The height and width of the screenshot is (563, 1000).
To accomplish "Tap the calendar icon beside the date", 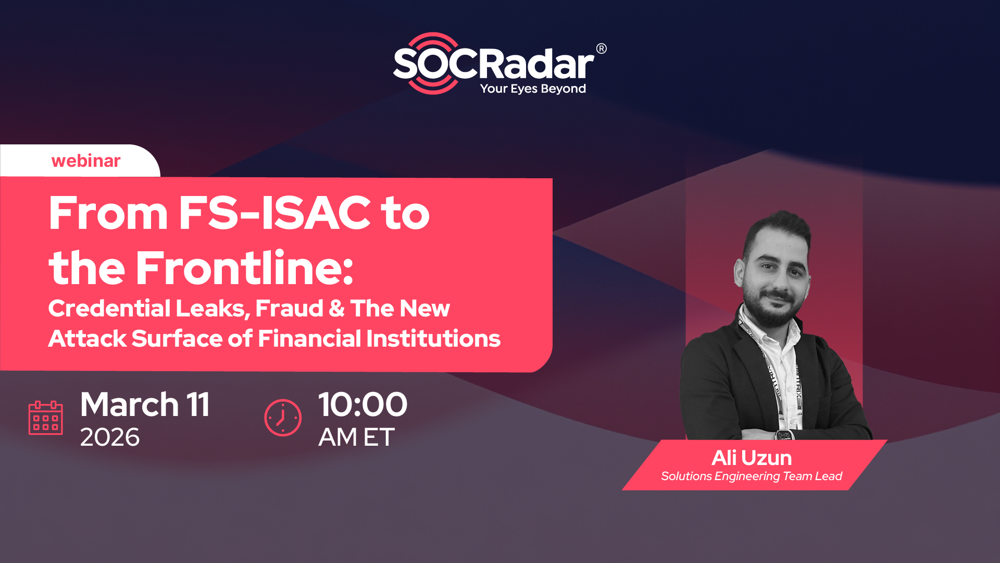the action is [45, 418].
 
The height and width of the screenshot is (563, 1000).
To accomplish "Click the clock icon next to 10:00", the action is [283, 418].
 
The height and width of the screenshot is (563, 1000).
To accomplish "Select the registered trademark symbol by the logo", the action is [601, 48].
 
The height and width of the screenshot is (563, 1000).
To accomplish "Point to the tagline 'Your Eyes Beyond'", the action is [533, 89].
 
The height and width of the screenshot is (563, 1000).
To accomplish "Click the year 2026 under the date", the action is [110, 437].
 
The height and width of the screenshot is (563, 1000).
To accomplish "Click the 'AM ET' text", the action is [357, 437].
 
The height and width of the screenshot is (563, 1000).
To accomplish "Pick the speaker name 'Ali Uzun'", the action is [752, 458].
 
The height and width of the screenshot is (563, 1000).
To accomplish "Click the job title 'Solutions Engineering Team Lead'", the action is [752, 476].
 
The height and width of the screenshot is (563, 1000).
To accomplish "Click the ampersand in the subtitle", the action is [337, 308].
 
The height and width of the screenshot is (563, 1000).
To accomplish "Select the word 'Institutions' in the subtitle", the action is [433, 338].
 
